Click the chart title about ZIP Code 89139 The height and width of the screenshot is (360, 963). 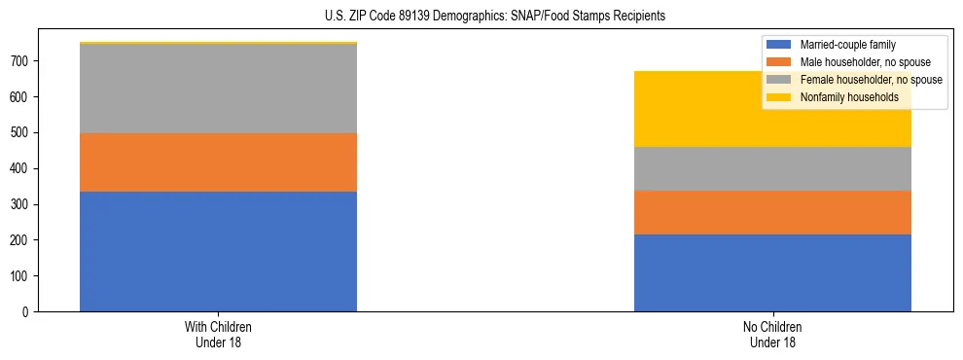(481, 17)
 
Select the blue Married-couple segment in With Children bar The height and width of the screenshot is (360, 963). (218, 251)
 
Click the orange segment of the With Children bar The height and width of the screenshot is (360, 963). (218, 162)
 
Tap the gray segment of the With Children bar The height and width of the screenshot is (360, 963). (218, 89)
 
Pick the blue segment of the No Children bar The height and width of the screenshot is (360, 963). (772, 272)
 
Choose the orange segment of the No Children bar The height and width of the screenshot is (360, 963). (772, 212)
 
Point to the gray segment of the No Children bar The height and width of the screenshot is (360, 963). (772, 168)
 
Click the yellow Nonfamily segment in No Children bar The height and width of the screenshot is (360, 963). (772, 109)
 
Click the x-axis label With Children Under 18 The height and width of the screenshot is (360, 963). (218, 334)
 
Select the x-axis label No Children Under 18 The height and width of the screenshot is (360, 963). (772, 334)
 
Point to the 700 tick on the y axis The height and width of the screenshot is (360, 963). (22, 61)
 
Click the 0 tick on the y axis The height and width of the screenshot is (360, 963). (29, 312)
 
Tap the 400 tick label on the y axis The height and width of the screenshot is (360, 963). (22, 168)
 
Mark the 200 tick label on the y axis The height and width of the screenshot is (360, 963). (22, 240)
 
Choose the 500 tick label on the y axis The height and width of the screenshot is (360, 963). (22, 133)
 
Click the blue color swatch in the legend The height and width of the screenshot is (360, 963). (779, 45)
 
